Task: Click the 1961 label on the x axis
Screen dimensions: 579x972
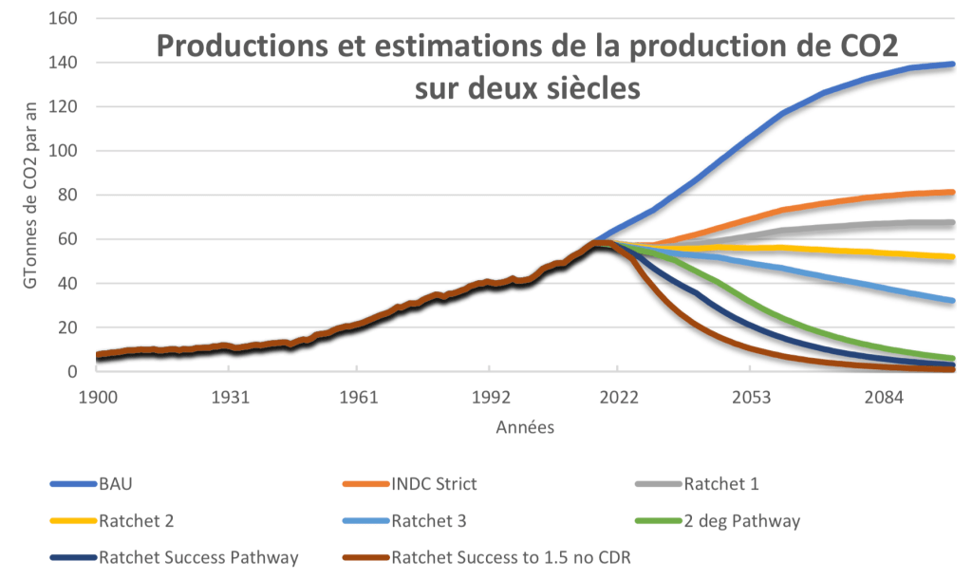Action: tap(357, 396)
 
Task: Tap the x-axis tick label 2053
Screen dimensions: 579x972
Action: tap(752, 396)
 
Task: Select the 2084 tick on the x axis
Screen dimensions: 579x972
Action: tap(883, 396)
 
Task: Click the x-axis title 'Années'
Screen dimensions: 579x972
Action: tap(525, 428)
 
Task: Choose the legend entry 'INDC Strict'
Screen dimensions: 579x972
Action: tap(434, 484)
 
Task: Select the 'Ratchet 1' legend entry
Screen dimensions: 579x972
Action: tap(721, 484)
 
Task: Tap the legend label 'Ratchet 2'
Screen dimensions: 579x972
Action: tap(136, 520)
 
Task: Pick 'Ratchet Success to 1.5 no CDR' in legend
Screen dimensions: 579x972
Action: tap(511, 556)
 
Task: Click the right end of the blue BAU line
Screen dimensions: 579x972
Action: tap(952, 64)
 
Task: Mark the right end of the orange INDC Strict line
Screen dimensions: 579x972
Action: tap(952, 193)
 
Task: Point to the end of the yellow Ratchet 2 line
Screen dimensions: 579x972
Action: tap(952, 256)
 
